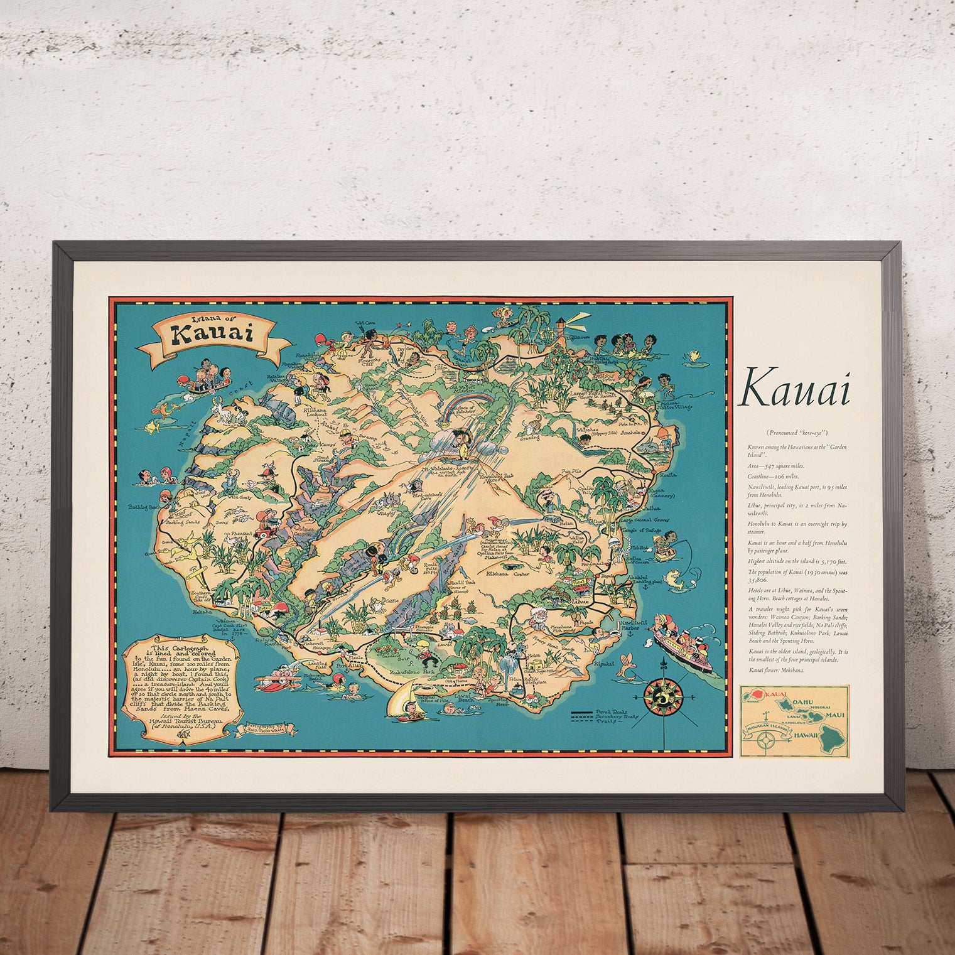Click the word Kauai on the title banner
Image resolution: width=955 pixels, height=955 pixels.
pos(213,333)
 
